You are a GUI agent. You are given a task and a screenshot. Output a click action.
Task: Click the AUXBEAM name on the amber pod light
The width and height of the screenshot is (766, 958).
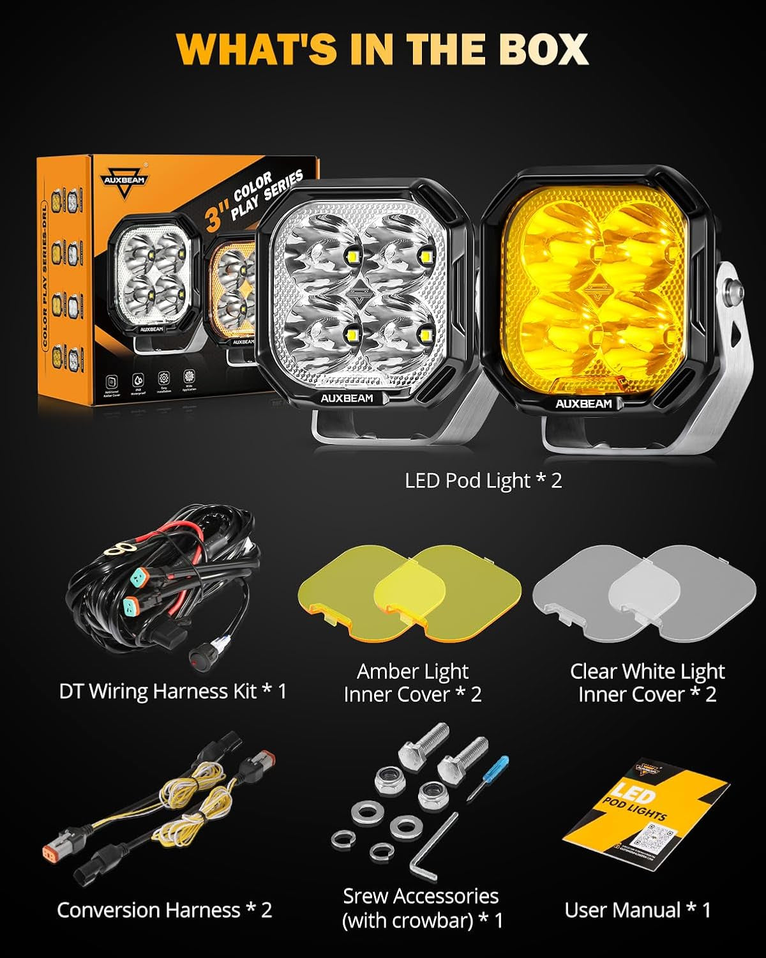tap(583, 404)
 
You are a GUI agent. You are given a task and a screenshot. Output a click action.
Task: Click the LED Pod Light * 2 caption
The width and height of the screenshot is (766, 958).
tap(483, 480)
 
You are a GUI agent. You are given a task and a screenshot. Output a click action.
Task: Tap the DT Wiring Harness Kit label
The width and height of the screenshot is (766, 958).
tap(172, 691)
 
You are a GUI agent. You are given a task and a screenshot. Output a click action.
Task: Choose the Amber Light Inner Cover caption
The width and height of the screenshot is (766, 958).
tap(412, 683)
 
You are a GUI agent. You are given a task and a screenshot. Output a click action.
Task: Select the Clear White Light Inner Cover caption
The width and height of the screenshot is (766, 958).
tap(647, 683)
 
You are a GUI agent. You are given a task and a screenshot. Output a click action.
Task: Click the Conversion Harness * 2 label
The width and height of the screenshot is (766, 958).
tap(164, 909)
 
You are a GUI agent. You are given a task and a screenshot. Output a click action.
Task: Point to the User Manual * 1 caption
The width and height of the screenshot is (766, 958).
tap(637, 909)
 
